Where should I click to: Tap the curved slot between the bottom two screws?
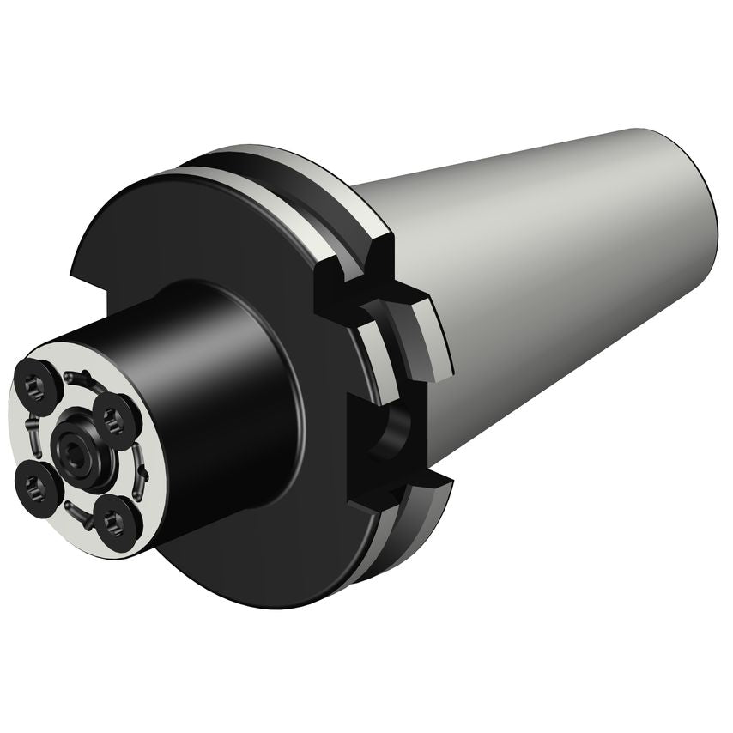point(79,515)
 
